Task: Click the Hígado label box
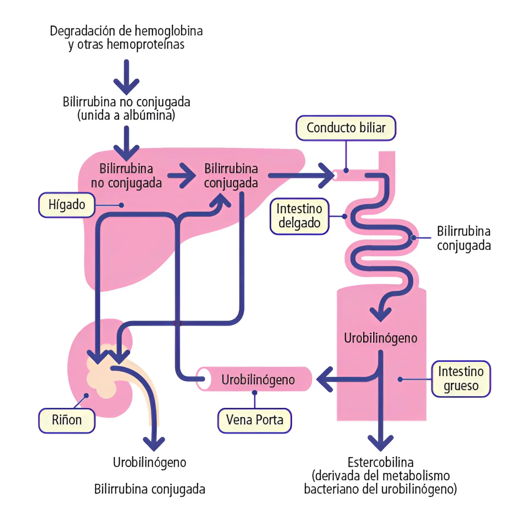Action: point(67,205)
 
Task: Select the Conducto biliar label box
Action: point(346,128)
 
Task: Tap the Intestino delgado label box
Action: point(299,216)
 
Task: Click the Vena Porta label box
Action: point(254,420)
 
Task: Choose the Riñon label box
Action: point(67,420)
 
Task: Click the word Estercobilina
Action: point(381,462)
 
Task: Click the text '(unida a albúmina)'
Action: point(126,115)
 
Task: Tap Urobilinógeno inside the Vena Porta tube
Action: point(258,380)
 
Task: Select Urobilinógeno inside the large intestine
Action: point(381,338)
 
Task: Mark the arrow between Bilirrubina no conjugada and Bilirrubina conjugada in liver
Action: point(183,176)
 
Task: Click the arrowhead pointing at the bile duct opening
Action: point(327,176)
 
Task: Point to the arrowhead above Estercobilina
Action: point(381,442)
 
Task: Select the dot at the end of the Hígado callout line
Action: point(121,205)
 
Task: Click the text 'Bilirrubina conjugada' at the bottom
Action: point(150,489)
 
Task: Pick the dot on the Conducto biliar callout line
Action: point(346,171)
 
